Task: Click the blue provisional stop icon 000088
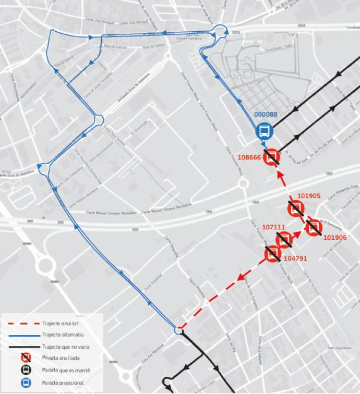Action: point(264,130)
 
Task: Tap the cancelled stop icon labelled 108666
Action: point(272,156)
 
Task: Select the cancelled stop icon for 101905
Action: point(296,210)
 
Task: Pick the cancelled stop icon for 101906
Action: point(314,228)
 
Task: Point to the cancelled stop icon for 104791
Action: point(272,254)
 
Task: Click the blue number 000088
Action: point(266,115)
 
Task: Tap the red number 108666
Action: point(249,157)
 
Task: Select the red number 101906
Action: point(335,238)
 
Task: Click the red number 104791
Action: point(295,258)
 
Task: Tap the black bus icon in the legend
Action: point(24,370)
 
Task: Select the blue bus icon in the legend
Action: point(24,381)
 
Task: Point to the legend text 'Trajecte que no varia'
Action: point(66,347)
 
